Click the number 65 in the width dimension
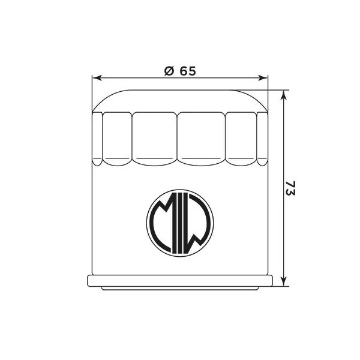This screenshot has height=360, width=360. pos(188,71)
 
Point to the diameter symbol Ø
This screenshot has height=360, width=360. pos(169,71)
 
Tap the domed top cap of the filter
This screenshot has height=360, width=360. pos(179,100)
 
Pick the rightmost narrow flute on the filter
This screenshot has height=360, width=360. pos(262,137)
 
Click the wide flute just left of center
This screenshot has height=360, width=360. pos(155,137)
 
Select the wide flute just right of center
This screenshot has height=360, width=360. pos(202,137)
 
